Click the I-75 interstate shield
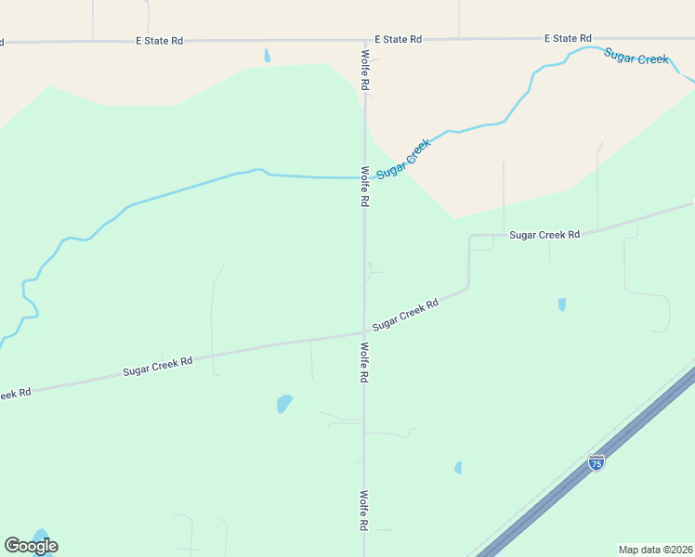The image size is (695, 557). [597, 461]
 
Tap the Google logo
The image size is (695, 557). [31, 546]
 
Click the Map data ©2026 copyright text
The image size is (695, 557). [655, 550]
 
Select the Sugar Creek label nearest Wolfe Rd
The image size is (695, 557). [404, 160]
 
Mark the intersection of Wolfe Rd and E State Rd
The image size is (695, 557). [364, 41]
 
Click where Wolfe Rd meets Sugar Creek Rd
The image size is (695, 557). [364, 332]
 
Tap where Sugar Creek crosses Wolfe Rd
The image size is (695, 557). [364, 177]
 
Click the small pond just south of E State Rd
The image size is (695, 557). [268, 56]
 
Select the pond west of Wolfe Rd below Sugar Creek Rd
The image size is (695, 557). [284, 404]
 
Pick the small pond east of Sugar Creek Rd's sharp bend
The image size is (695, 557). [562, 304]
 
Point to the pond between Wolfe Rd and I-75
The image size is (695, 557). [458, 468]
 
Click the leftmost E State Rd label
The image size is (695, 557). [159, 42]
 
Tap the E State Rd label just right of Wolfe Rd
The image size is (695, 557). [399, 40]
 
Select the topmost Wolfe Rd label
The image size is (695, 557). [365, 71]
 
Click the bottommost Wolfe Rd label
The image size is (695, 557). [364, 511]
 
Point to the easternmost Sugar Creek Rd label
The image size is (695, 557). [544, 235]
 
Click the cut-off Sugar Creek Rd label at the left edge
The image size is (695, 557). [16, 394]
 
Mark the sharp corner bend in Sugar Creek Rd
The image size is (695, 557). [470, 238]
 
